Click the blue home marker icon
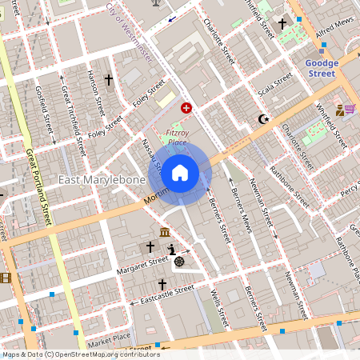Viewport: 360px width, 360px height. [x=179, y=172]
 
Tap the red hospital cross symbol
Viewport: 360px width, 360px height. [x=186, y=106]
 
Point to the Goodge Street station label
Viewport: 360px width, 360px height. [x=322, y=68]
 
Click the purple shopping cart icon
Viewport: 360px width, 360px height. [x=350, y=109]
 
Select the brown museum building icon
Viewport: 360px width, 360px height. [x=164, y=232]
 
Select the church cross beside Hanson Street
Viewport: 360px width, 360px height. [x=108, y=81]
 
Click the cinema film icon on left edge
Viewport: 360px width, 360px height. [x=4, y=278]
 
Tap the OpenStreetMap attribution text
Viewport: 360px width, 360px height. [x=80, y=354]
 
